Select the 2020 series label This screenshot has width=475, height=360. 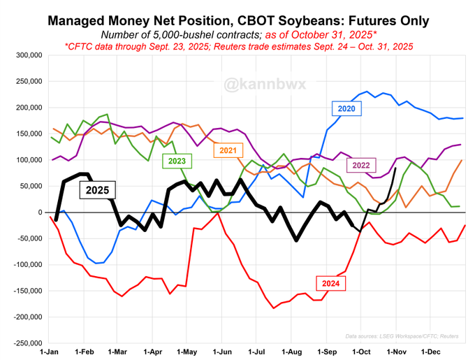(346, 108)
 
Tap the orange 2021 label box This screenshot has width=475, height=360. (228, 150)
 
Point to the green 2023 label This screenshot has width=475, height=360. (177, 161)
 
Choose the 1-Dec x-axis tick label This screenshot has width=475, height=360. (430, 351)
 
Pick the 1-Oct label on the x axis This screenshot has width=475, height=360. (361, 351)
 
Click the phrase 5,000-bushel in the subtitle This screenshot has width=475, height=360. (183, 34)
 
